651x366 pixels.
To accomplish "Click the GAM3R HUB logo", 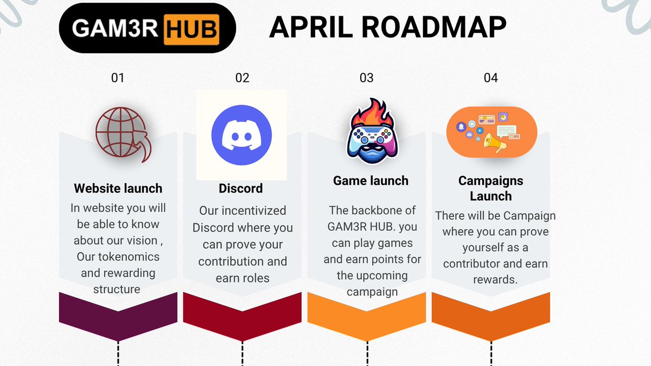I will [x=146, y=28].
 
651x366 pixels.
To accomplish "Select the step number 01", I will [x=118, y=78].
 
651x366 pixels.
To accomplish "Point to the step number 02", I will [x=242, y=78].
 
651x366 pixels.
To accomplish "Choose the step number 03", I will [x=367, y=78].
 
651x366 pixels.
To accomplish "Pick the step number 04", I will [x=490, y=78].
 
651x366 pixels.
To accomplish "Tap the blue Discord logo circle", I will [x=241, y=135].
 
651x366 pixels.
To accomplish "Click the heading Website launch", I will [x=118, y=189].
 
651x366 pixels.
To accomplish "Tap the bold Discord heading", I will [x=240, y=189].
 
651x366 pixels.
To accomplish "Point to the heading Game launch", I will [x=371, y=181].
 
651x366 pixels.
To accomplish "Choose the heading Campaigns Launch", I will [x=490, y=188].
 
